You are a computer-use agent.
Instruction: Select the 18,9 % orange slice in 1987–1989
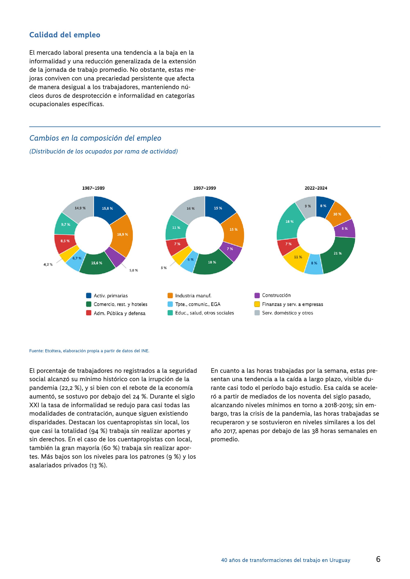pos(122,234)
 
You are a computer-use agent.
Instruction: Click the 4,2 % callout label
pos(48,265)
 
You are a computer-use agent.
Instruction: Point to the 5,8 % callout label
pos(133,270)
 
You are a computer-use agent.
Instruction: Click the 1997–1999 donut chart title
pos(205,188)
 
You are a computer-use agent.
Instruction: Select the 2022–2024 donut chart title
pos(316,188)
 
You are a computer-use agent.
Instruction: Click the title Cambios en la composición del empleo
pos(95,138)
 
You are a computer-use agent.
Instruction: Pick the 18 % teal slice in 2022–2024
pos(290,222)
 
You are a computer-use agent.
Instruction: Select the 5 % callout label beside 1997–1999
pos(164,268)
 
